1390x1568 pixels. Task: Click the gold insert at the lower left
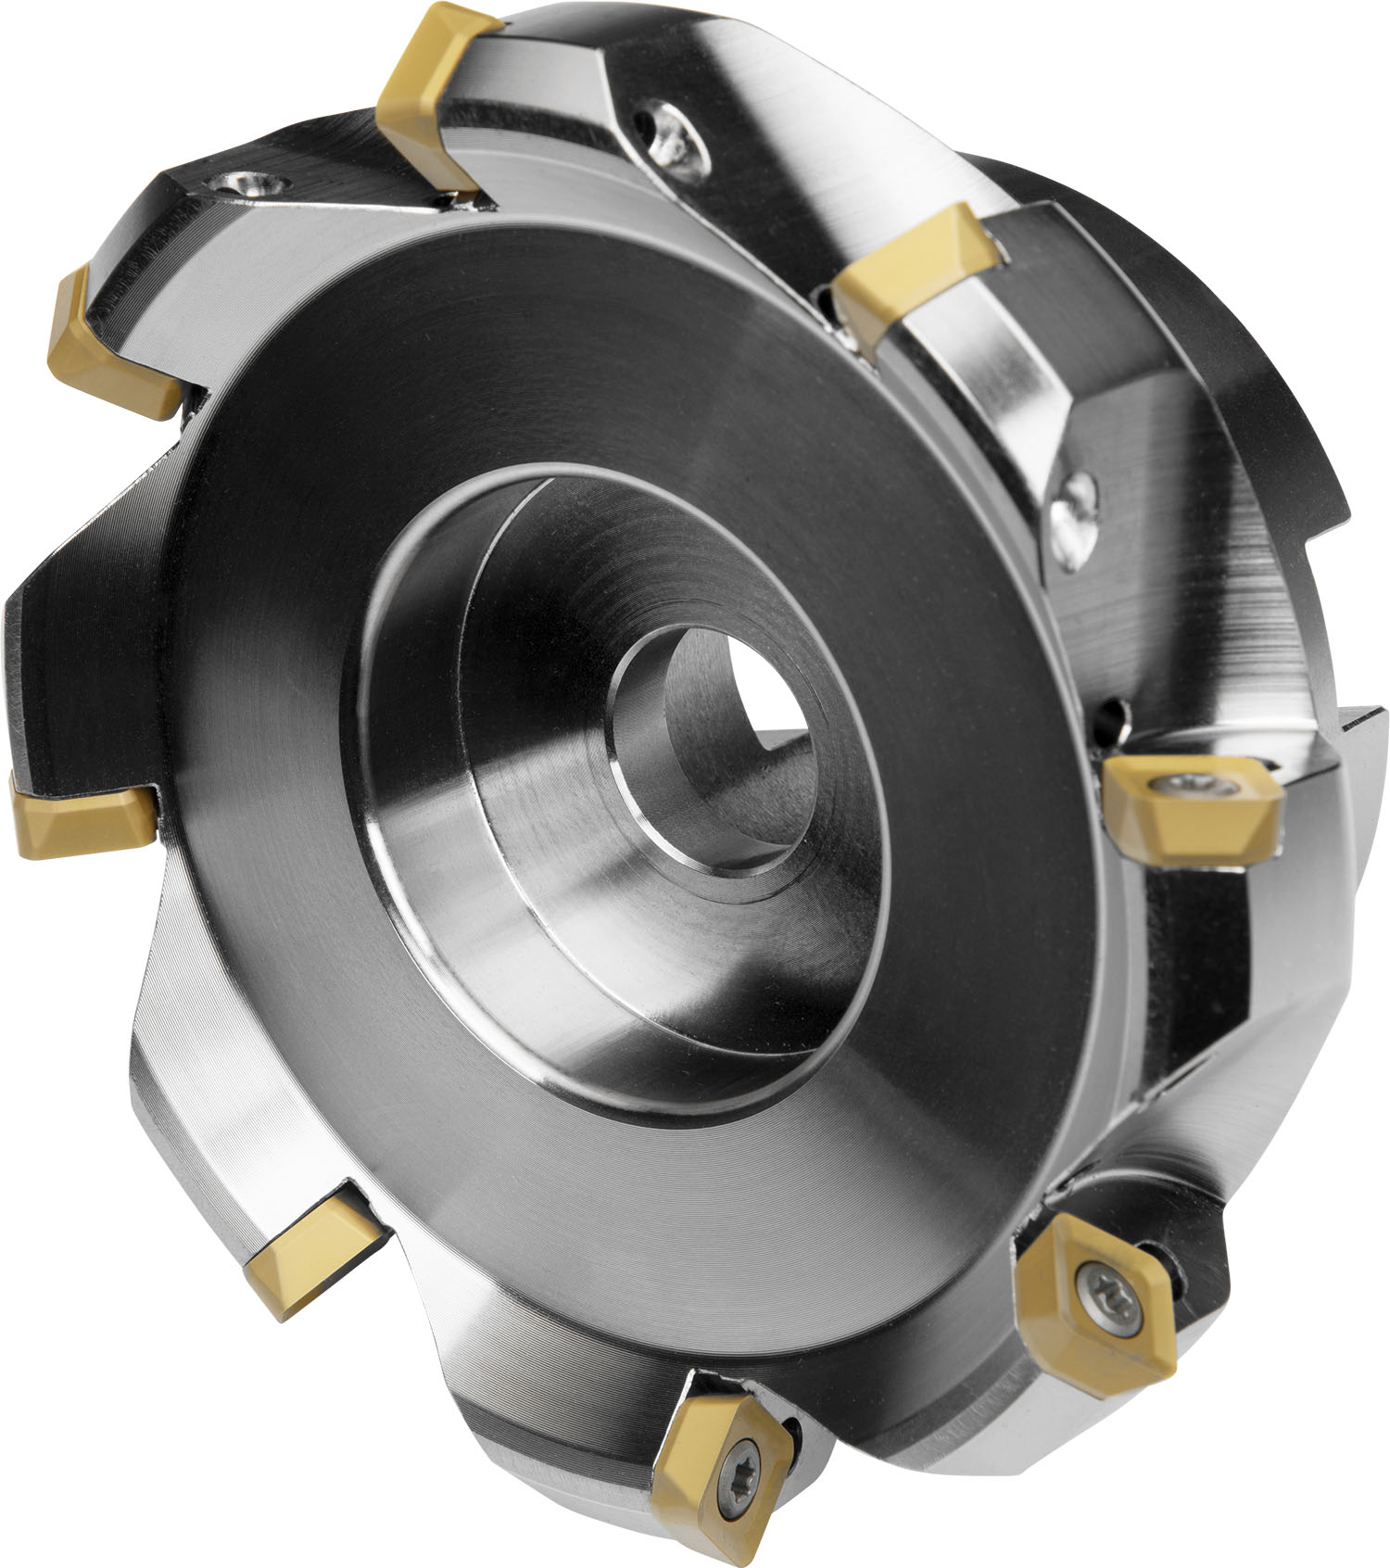(310, 1246)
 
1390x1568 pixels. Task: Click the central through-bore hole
(732, 741)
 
